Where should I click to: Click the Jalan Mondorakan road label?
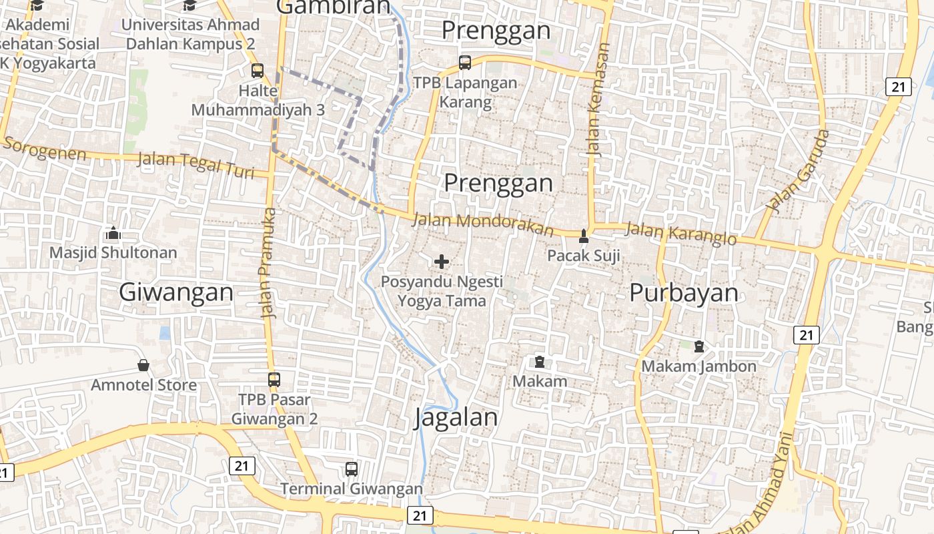[483, 225]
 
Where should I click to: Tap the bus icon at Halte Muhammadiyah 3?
[258, 70]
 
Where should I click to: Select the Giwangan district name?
[176, 292]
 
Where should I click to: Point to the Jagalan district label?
[456, 418]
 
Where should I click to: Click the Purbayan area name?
[684, 293]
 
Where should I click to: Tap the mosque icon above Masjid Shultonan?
[113, 233]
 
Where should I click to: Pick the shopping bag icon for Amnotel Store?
[143, 365]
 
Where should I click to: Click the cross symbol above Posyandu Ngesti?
[442, 262]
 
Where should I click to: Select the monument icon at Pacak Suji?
[584, 236]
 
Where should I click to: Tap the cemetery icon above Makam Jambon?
[698, 346]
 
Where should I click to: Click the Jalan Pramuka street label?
[269, 264]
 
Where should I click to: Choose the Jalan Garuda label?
[799, 171]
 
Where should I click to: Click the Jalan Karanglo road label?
[680, 234]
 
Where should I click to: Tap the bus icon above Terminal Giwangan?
[352, 469]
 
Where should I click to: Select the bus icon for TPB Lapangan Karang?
[465, 63]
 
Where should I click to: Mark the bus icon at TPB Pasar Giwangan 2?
[274, 380]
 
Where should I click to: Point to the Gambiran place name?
[332, 7]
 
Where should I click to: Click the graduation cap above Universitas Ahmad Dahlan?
[190, 5]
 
